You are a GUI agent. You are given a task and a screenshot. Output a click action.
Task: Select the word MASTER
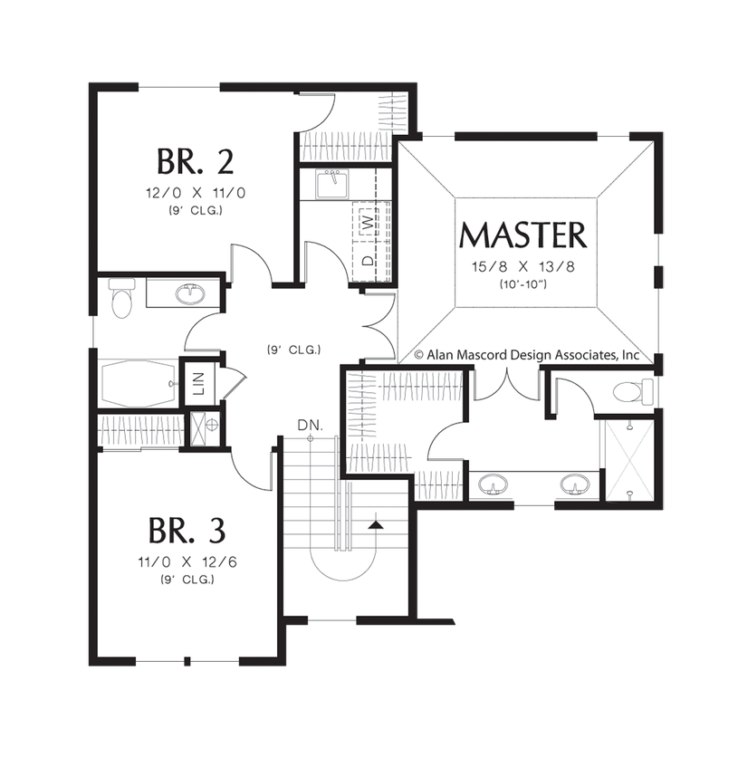(522, 235)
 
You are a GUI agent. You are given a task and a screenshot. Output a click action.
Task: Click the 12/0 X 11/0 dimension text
(196, 192)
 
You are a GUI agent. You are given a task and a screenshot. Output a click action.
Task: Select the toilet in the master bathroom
(631, 392)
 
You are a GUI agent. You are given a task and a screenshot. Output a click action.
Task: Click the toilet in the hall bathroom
(120, 300)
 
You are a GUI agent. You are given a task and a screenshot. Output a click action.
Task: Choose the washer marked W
(366, 220)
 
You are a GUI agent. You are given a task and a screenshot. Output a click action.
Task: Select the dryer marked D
(366, 258)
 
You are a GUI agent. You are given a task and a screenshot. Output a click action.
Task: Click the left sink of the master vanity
(492, 485)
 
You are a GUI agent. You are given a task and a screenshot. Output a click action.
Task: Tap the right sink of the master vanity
(571, 485)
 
